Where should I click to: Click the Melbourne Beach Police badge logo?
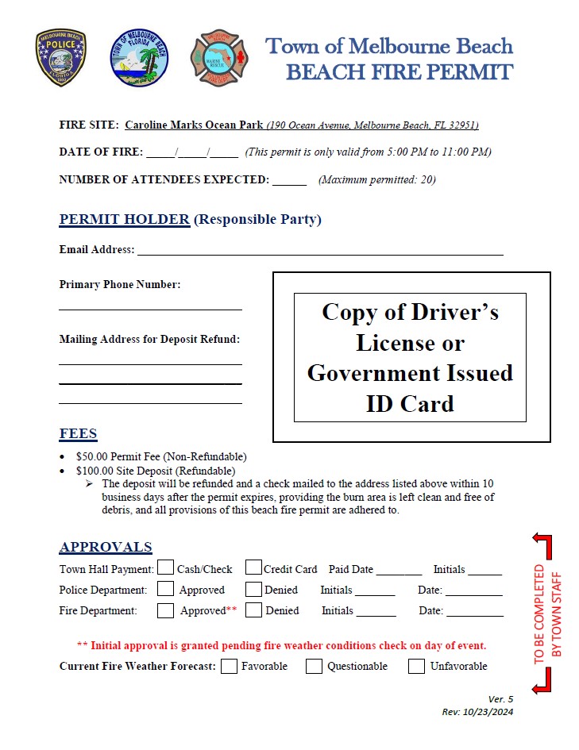[x=60, y=58]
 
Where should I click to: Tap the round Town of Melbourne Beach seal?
[x=139, y=58]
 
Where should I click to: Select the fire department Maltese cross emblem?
[x=219, y=58]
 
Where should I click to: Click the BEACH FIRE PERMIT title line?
[x=399, y=72]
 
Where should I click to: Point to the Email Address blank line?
[x=320, y=252]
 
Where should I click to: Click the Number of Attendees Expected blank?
[x=289, y=181]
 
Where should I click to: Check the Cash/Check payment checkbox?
[x=165, y=567]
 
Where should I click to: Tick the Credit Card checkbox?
[x=253, y=567]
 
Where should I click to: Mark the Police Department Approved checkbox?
[x=165, y=589]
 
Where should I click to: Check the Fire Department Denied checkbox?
[x=253, y=610]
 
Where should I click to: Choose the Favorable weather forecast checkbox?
[x=229, y=666]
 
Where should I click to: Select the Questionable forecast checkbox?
[x=315, y=666]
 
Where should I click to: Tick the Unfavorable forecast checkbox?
[x=416, y=666]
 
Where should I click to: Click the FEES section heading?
[x=78, y=434]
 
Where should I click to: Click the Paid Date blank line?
[x=399, y=571]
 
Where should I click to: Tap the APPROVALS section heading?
[x=106, y=547]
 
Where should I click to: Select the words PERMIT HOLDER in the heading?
[x=125, y=219]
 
